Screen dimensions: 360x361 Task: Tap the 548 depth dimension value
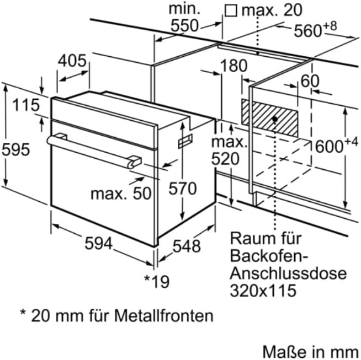[x=185, y=246]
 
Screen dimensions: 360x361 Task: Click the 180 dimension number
[x=235, y=66]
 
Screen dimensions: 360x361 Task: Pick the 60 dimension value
[x=310, y=81]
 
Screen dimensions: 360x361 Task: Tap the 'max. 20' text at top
[x=265, y=9]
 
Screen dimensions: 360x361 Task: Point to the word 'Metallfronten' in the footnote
[x=164, y=316]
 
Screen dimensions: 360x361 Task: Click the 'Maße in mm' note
[x=310, y=351]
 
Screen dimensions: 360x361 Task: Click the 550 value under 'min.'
[x=184, y=25]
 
